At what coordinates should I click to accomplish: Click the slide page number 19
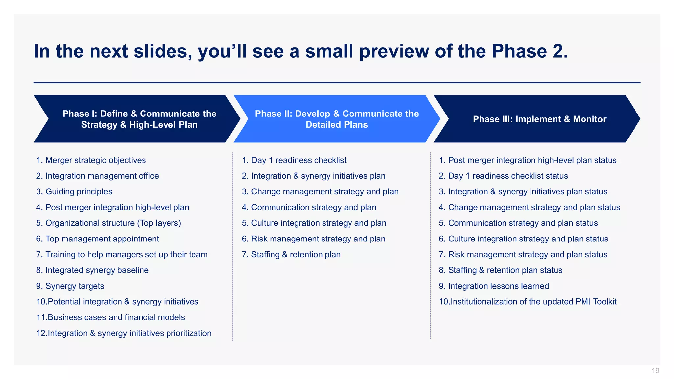click(x=655, y=371)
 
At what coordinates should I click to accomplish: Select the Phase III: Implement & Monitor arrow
click(x=539, y=119)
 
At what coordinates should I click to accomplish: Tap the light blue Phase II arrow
click(x=336, y=119)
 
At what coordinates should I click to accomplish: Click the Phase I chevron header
click(x=139, y=119)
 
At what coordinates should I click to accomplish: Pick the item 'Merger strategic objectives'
click(x=95, y=160)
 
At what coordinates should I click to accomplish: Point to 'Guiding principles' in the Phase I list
click(x=79, y=192)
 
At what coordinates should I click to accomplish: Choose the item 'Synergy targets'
click(x=75, y=286)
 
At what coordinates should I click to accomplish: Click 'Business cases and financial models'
click(x=116, y=317)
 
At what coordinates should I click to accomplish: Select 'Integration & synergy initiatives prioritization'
click(x=129, y=333)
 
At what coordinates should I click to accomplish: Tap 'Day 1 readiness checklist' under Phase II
click(x=298, y=160)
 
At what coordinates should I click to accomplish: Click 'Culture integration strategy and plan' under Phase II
click(x=318, y=223)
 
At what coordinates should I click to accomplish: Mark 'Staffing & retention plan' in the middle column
click(x=296, y=255)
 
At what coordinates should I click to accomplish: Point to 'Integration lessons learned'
click(x=498, y=286)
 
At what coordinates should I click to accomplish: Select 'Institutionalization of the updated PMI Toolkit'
click(x=533, y=302)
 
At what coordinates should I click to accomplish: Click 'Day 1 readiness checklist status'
click(x=508, y=176)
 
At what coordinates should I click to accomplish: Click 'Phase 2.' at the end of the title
click(x=530, y=52)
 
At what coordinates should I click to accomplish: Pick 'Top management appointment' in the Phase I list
click(x=102, y=239)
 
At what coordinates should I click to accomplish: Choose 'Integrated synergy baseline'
click(x=97, y=270)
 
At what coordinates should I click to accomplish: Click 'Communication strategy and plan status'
click(x=523, y=223)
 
